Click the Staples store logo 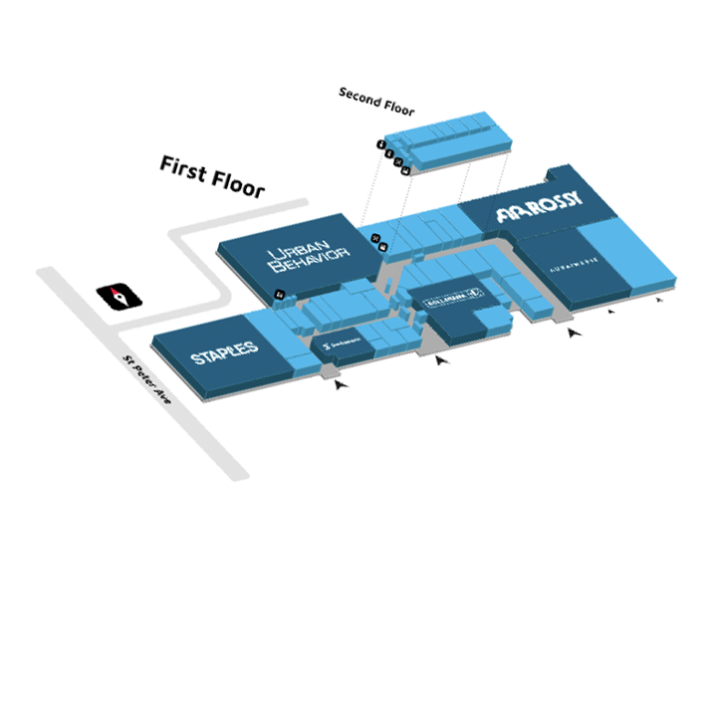(225, 352)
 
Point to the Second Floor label (376, 102)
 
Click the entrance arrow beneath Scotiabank (342, 380)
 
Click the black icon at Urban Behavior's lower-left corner (280, 293)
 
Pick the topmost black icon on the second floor (380, 144)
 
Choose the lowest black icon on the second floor (406, 171)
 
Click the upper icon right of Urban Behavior (375, 237)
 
